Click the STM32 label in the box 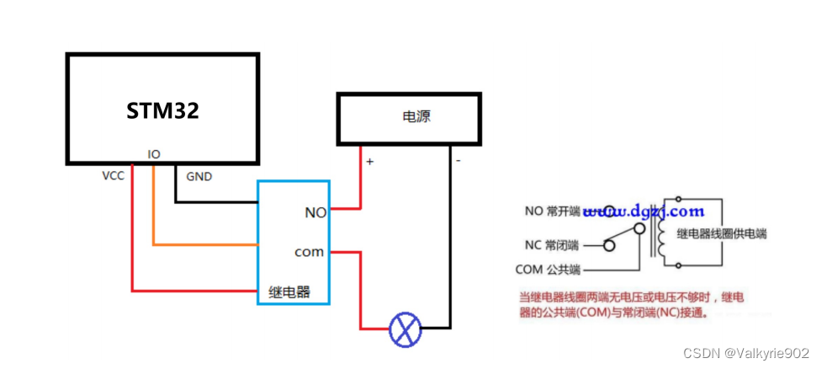(162, 110)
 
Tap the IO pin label (154, 155)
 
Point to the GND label (199, 177)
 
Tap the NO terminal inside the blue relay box (316, 213)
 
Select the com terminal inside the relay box (310, 252)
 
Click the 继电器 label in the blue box (289, 292)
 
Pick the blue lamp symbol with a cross (405, 329)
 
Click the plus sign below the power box (369, 160)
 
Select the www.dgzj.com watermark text (644, 211)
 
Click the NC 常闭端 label (552, 245)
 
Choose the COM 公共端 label (548, 270)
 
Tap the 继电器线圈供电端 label (728, 233)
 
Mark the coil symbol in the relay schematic (662, 238)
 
